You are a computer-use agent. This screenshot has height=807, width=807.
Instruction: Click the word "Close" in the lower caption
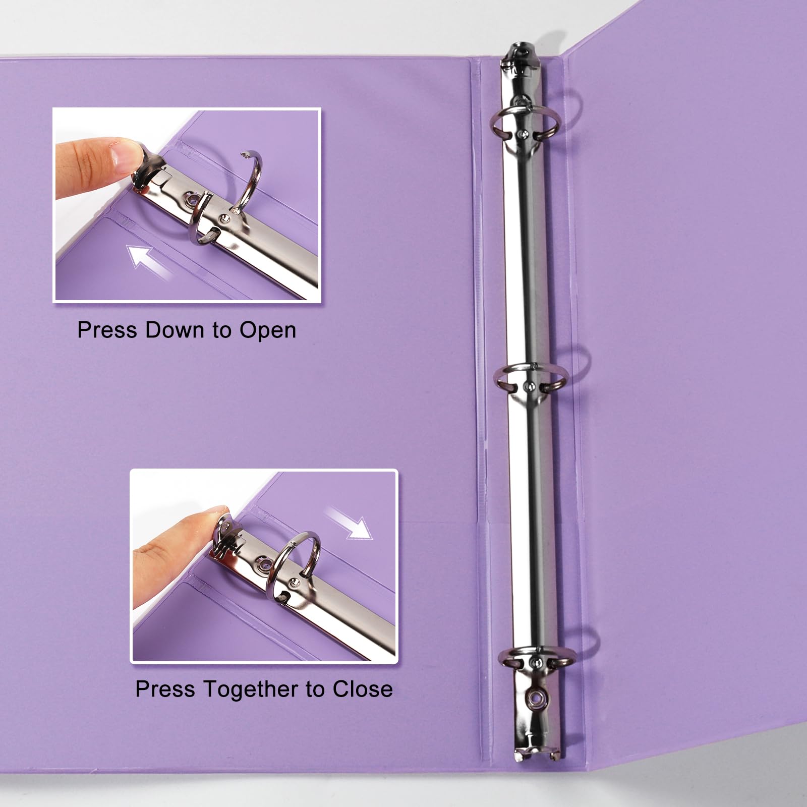[x=362, y=689]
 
